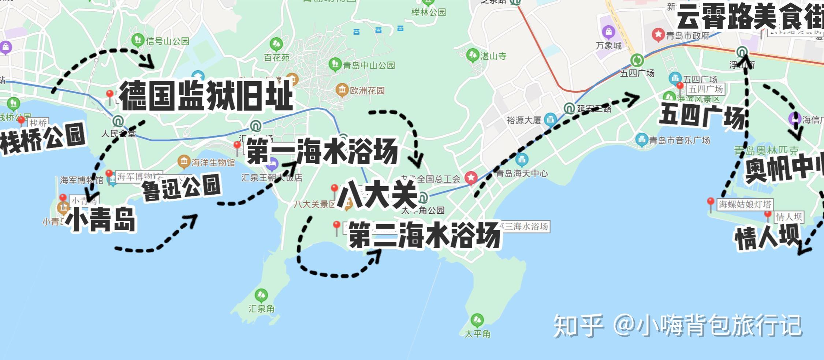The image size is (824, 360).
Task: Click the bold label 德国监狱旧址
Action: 206,96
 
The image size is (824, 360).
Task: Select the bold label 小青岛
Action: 101,219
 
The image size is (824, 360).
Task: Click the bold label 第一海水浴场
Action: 322,151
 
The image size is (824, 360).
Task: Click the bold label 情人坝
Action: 767,238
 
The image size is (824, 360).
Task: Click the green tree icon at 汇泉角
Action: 261,295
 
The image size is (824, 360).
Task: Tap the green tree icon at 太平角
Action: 477,320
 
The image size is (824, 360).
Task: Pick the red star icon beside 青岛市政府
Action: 658,35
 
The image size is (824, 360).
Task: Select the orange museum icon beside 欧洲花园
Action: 342,90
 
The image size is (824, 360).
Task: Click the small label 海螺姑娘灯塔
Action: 745,204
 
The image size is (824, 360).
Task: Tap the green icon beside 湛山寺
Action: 473,55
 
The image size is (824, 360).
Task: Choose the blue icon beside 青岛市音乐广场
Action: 641,140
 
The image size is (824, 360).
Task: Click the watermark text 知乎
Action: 578,326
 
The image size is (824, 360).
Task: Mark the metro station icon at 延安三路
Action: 569,109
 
